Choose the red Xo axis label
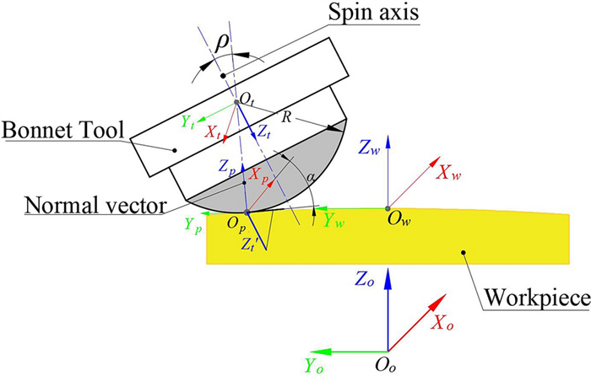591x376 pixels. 447,323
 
